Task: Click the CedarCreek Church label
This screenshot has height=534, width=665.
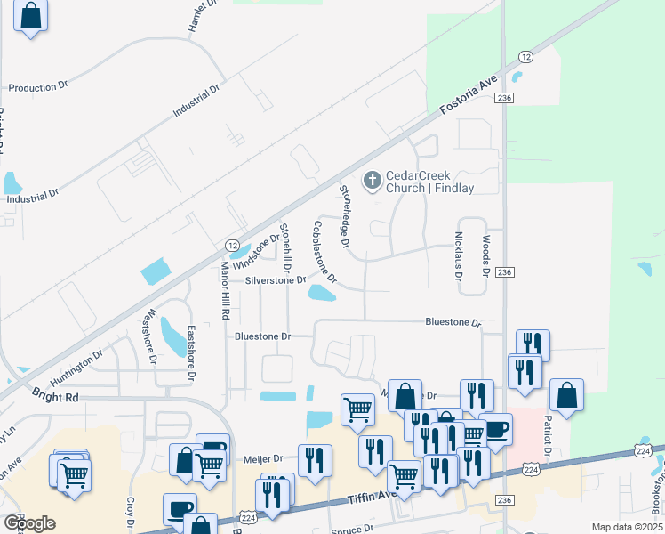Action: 429,182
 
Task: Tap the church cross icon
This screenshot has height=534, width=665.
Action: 372,182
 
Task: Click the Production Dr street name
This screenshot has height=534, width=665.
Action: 38,87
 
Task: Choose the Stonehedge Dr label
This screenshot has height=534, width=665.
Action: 345,215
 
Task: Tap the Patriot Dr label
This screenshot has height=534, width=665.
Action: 548,436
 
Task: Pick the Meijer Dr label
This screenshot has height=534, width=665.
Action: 264,459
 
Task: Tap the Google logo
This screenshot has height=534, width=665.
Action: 29,523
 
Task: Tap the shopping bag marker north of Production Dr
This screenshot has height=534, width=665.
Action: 30,16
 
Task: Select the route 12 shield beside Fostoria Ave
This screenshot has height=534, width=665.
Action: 526,57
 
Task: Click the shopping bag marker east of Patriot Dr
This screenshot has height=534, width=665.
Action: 566,394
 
